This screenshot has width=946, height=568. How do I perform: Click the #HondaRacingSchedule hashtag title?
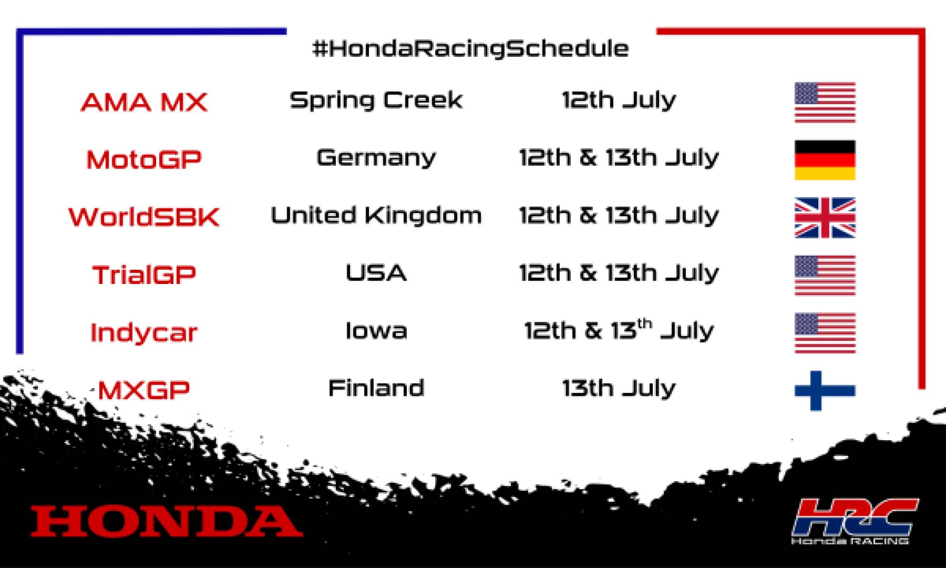[x=471, y=49]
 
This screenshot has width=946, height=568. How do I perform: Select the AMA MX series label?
[x=144, y=102]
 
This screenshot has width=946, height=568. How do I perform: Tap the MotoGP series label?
[x=144, y=160]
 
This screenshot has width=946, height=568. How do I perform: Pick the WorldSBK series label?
[x=144, y=217]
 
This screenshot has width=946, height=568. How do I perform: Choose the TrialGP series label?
[x=144, y=275]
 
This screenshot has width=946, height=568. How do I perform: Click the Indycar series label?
[x=144, y=332]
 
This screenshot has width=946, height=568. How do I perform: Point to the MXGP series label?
[x=144, y=390]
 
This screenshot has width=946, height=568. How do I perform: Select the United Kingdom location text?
[x=376, y=216]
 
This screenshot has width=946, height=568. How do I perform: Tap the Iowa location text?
[x=376, y=330]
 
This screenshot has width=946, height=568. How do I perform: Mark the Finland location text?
[x=376, y=388]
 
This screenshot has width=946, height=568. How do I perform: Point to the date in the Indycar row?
[x=619, y=330]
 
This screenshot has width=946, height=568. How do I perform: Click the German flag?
[x=825, y=160]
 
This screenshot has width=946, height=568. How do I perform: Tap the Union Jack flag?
[x=825, y=218]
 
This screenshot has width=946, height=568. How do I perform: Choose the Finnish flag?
[x=825, y=390]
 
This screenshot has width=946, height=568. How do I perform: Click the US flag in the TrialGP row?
[x=825, y=275]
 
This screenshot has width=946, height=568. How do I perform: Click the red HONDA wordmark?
[x=166, y=521]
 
